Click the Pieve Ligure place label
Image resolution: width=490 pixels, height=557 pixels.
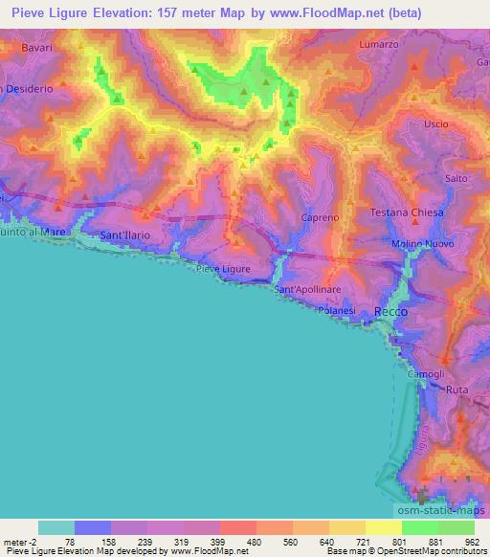223,269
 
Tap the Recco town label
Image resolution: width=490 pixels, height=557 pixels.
390,312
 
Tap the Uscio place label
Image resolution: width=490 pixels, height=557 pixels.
435,124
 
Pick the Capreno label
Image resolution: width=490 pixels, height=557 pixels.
320,218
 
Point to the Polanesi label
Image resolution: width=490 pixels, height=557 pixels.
336,312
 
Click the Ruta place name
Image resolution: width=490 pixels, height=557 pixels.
457,390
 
